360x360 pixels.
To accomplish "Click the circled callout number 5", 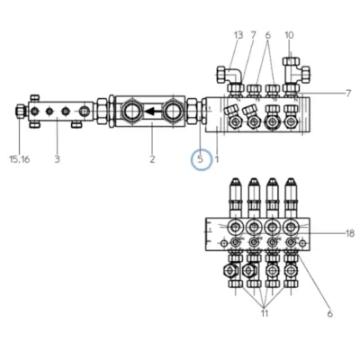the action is tap(201, 159).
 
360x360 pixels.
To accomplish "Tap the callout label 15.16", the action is tap(20, 159).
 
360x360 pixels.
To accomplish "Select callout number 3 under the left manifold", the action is tap(58, 159).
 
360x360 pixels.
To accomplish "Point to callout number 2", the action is tap(152, 159).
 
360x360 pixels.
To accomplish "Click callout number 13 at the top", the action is tap(238, 35).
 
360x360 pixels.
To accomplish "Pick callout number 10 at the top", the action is tap(289, 35).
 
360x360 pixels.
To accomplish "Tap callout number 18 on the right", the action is tap(350, 233).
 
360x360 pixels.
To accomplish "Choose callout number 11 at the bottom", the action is tap(265, 313).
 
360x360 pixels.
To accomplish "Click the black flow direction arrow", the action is tap(153, 112).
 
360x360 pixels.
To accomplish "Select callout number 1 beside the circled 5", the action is tap(217, 159).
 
